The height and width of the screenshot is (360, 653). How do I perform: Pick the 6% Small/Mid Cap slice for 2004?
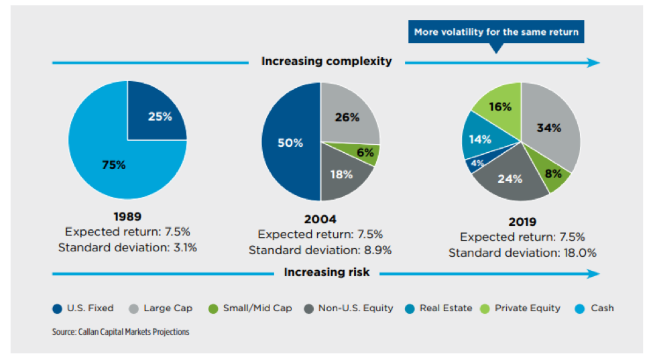(366, 153)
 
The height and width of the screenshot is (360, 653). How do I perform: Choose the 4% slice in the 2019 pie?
(476, 163)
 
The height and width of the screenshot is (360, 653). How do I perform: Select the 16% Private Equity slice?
(499, 105)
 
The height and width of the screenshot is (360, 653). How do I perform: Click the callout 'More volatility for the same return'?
(495, 32)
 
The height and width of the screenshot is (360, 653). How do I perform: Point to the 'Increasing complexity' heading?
(326, 62)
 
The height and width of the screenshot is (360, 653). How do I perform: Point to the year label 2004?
(320, 219)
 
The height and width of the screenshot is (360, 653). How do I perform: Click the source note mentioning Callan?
(120, 332)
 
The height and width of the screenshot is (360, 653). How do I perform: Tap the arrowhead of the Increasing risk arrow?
(593, 274)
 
